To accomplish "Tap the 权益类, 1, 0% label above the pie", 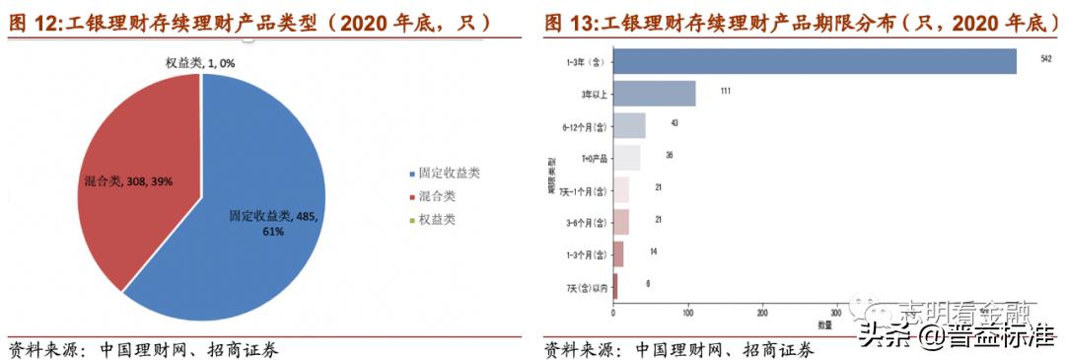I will click(x=199, y=63).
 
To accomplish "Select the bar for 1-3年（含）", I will click(x=815, y=61).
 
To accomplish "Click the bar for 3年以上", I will click(x=655, y=94).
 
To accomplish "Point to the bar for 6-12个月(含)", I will click(x=629, y=125).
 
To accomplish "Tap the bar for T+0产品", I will click(x=626, y=158).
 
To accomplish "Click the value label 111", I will click(x=725, y=92).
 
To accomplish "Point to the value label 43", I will click(x=674, y=123).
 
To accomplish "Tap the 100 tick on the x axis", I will click(x=688, y=312).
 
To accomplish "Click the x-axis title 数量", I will click(x=824, y=324).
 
